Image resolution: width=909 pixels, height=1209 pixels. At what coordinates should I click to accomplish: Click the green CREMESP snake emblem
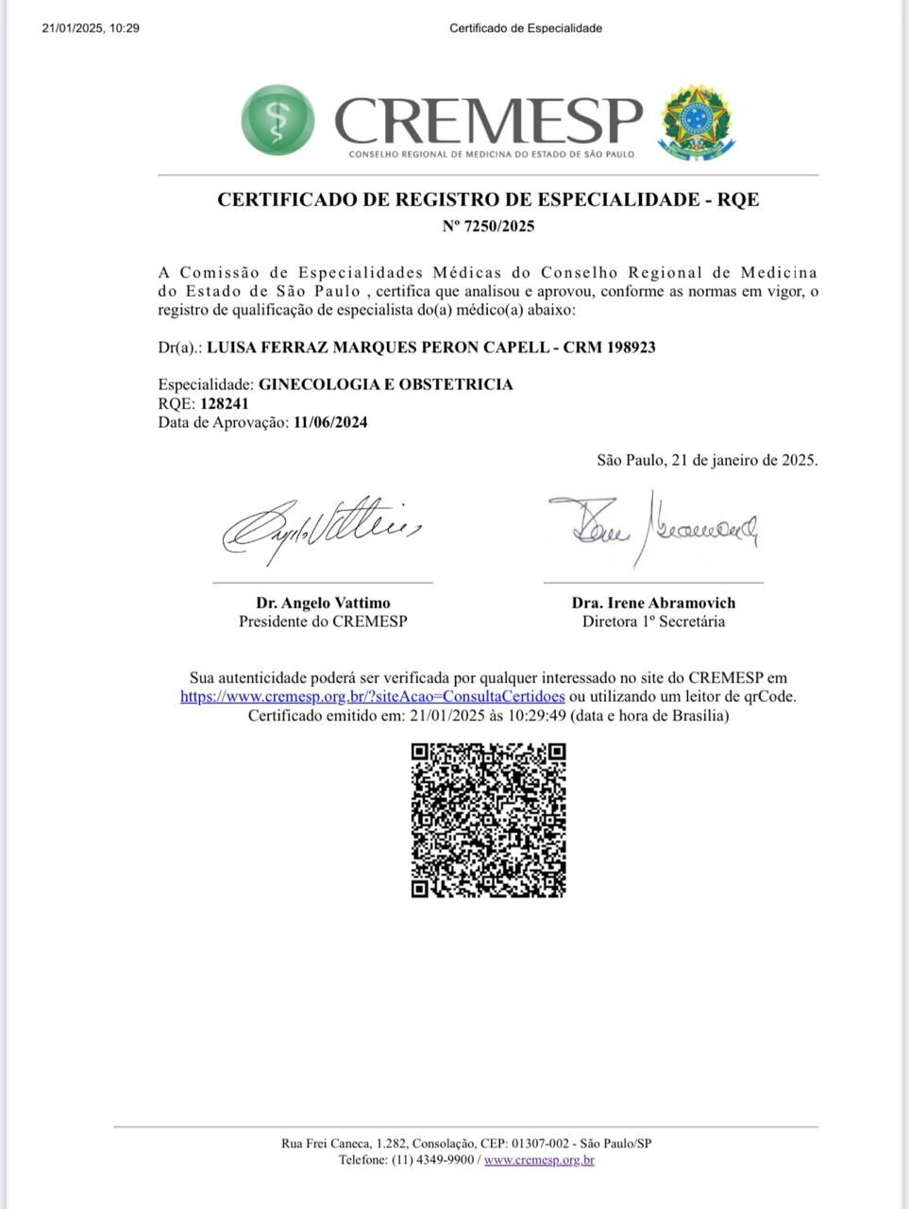(x=278, y=120)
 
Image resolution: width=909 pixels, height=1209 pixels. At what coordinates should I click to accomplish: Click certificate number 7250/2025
(x=500, y=226)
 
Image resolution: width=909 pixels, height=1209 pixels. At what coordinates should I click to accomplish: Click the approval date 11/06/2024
(x=330, y=422)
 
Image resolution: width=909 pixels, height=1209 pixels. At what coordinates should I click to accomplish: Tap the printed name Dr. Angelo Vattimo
(x=323, y=603)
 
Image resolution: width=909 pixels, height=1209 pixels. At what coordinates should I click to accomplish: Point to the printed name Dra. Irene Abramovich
(x=653, y=603)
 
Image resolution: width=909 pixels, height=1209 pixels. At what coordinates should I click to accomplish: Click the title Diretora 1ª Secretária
(x=653, y=622)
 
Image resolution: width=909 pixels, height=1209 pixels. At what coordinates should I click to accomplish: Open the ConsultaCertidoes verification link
(x=373, y=696)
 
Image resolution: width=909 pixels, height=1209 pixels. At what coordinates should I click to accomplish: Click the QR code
(x=488, y=820)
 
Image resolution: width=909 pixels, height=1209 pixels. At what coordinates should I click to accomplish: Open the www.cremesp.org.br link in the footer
(x=539, y=1160)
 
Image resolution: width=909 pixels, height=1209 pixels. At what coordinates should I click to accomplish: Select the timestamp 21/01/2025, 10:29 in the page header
(x=91, y=28)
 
